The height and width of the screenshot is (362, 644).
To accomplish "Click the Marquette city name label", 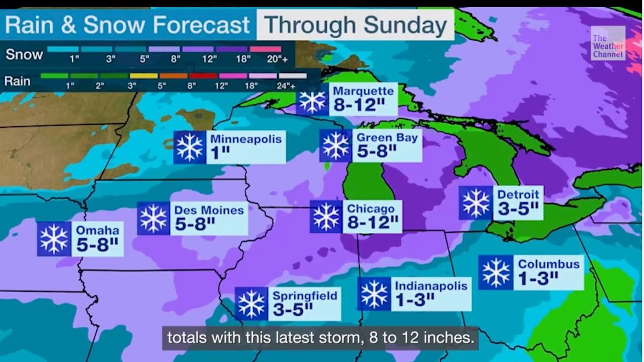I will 363,92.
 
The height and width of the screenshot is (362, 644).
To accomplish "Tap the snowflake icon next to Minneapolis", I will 189,147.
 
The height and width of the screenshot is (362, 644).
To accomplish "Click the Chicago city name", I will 371,208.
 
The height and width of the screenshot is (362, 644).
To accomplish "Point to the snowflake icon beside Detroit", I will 476,203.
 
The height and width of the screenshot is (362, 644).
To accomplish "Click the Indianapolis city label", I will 431,285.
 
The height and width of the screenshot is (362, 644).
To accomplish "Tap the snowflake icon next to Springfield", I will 251,304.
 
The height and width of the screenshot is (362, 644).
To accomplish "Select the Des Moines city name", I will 209,210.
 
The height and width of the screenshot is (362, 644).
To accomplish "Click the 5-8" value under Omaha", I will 97,245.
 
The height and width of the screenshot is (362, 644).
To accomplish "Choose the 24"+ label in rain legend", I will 293,86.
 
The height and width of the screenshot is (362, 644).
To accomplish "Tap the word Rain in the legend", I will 17,81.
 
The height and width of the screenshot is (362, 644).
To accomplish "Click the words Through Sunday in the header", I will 355,25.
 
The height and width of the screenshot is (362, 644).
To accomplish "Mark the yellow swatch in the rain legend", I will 143,76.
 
